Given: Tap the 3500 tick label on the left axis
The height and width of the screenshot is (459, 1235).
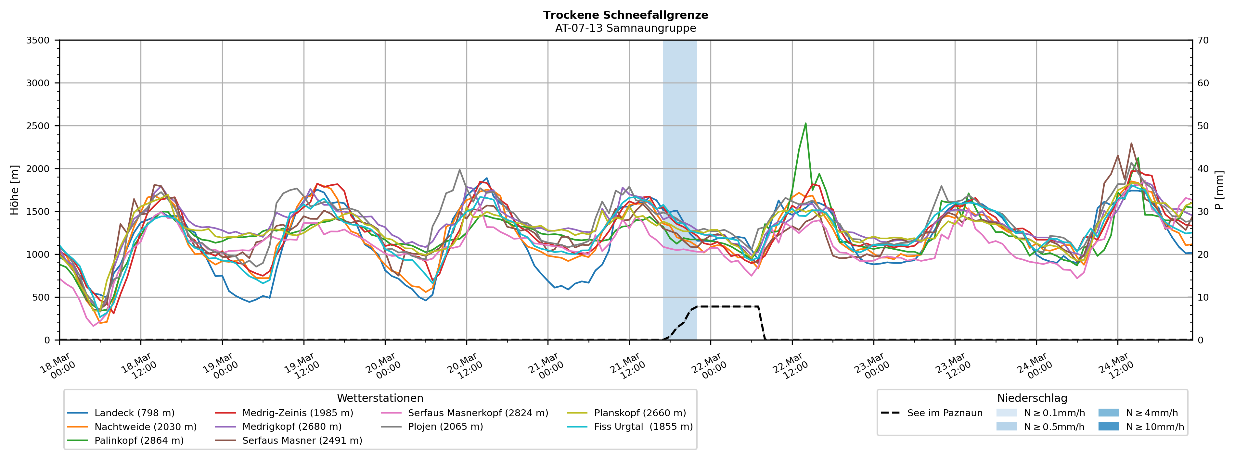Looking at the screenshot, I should [x=38, y=40].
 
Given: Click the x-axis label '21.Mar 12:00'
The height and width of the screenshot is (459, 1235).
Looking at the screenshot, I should [x=627, y=367].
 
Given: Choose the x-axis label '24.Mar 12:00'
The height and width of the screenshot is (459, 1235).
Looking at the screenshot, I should [x=1116, y=367].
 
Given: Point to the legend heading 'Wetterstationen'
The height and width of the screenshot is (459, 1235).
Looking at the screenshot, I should [x=380, y=398].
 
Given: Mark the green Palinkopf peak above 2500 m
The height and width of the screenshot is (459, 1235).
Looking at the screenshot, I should [x=805, y=124].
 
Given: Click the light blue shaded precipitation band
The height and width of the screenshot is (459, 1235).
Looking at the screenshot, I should [x=680, y=144].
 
